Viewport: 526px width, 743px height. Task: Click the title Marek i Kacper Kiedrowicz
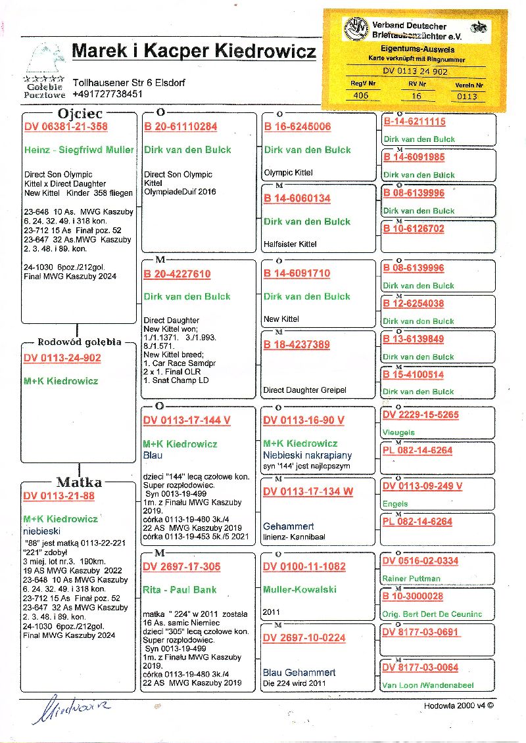point(194,51)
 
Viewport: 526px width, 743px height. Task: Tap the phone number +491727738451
point(108,94)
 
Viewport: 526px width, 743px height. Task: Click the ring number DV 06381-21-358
point(65,127)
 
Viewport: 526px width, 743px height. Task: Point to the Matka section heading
point(78,483)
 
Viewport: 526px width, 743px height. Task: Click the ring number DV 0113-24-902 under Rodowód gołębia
point(62,358)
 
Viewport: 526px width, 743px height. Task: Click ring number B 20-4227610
point(177,274)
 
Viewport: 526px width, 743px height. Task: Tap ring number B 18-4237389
point(297,345)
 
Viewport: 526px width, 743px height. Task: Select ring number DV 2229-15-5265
point(420,415)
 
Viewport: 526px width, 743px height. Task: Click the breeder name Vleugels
point(398,433)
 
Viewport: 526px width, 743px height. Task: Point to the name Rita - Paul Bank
point(179,590)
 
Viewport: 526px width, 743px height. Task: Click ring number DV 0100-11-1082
point(304,567)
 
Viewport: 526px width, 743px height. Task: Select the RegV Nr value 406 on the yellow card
point(361,95)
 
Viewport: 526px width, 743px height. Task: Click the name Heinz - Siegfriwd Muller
point(79,150)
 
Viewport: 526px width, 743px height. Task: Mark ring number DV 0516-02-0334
point(420,561)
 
